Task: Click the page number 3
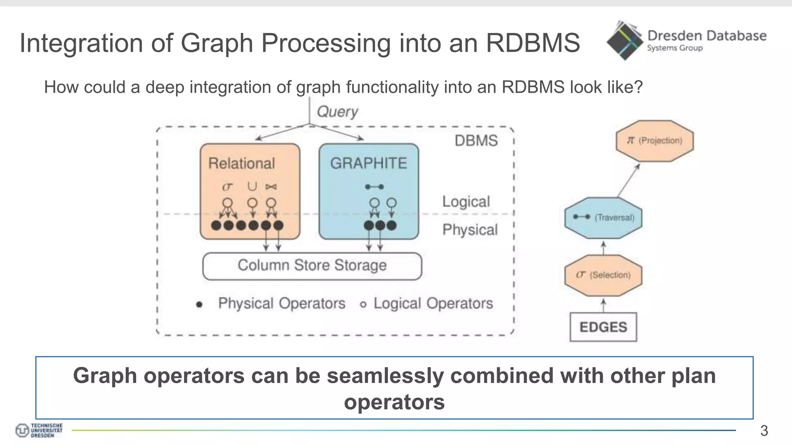coord(764,430)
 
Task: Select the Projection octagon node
coord(654,141)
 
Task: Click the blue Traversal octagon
coord(603,217)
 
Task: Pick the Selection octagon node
coord(603,275)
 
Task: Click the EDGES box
coord(603,327)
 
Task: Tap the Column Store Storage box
coord(312,266)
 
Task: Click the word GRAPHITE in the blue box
coord(369,163)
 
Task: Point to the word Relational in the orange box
coord(242,163)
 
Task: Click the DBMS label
coord(476,141)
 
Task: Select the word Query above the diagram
coord(337,112)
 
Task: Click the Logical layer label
coord(466,202)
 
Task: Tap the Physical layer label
coord(470,230)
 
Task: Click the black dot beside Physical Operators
coord(199,304)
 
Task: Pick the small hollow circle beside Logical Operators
coord(363,304)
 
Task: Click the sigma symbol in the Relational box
coord(227,187)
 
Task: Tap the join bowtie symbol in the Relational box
coord(271,187)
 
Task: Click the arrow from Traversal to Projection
coord(628,180)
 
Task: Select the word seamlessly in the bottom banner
coord(385,376)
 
